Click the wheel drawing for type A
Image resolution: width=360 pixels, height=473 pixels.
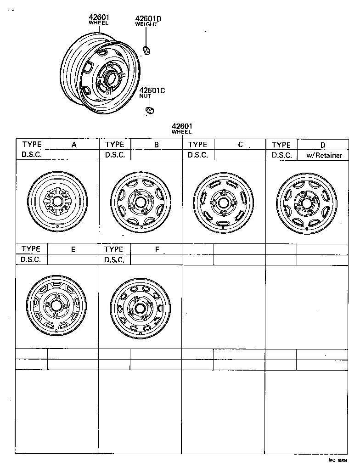[x=57, y=201]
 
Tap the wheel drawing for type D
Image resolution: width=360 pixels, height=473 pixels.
[x=307, y=201]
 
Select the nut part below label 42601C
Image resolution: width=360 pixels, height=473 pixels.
[x=149, y=111]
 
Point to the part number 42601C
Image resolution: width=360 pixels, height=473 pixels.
[x=152, y=90]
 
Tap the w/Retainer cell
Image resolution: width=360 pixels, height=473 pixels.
[x=324, y=155]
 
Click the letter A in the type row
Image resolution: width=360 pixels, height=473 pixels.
[x=73, y=145]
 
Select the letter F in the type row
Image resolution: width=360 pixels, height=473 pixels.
[x=157, y=250]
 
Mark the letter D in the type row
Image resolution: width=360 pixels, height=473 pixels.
[x=323, y=145]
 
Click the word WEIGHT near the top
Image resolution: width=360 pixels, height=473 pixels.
[x=146, y=24]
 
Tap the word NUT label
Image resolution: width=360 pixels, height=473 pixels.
[x=145, y=96]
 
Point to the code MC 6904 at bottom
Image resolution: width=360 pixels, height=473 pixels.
[x=338, y=460]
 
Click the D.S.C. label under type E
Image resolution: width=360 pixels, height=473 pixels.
[x=32, y=259]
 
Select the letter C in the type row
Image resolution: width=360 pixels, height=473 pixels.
[x=240, y=145]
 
